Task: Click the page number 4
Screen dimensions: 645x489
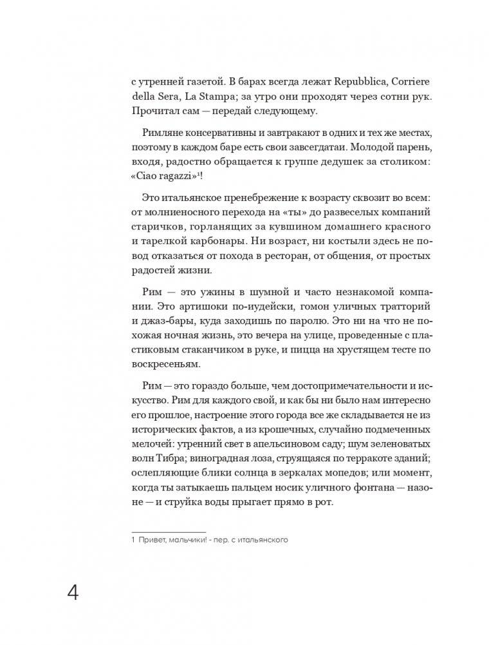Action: click(73, 593)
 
